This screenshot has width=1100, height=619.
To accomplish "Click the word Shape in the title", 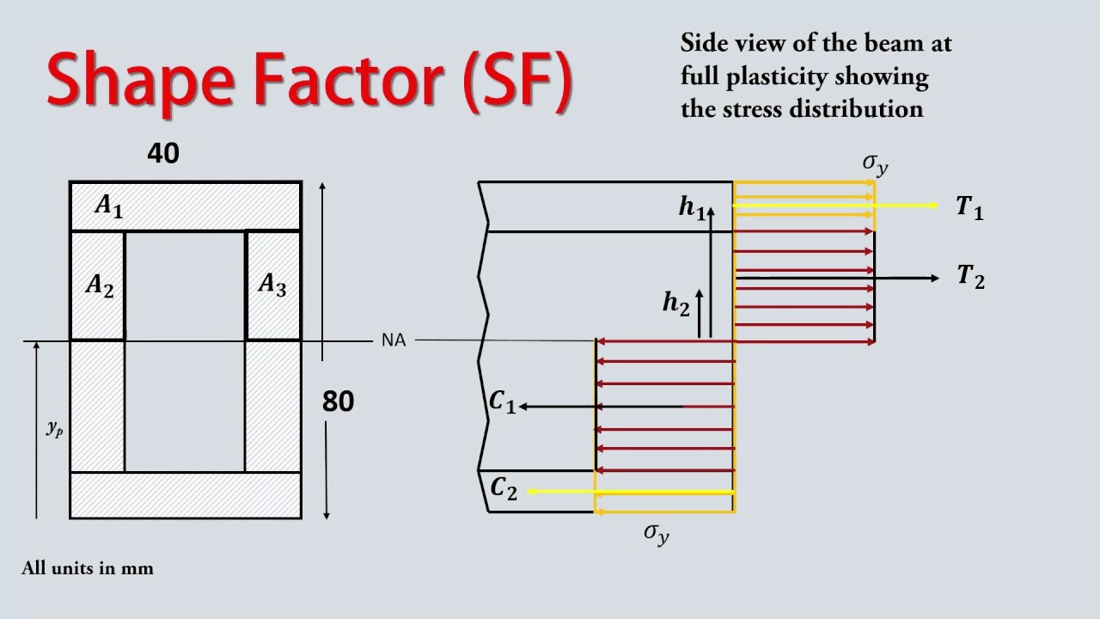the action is (x=140, y=81).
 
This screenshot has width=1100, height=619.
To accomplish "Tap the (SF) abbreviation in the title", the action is (x=518, y=81).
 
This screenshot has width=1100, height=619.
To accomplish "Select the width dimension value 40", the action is (x=163, y=153).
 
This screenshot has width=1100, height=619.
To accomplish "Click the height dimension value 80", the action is (x=338, y=401).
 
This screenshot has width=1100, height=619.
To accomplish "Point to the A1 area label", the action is (x=109, y=205).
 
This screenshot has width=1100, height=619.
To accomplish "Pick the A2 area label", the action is (x=100, y=285).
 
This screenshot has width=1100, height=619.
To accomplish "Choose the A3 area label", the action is (x=272, y=285).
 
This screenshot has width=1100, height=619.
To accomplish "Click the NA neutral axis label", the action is (x=394, y=340).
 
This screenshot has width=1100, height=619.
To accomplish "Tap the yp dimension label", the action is (x=54, y=429).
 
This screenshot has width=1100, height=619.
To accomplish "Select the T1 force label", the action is (x=970, y=207).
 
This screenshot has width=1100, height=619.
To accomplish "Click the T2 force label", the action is (x=971, y=276).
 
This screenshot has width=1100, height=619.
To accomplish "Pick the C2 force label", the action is (x=504, y=489).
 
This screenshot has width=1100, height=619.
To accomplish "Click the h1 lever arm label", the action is (x=692, y=207).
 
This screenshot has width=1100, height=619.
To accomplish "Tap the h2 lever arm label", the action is (x=676, y=303).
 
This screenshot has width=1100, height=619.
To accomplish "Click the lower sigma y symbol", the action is (x=657, y=534).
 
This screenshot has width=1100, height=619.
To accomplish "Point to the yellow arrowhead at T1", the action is (x=934, y=205).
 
